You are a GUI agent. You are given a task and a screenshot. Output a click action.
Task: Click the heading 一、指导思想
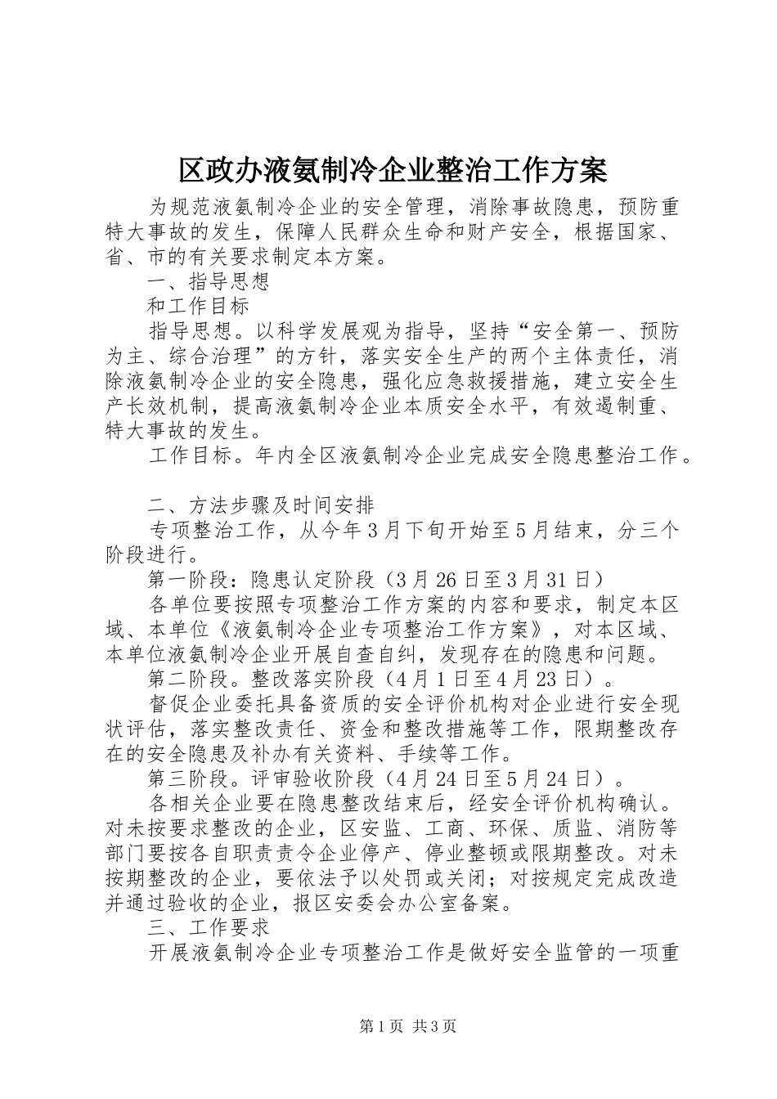[x=209, y=282]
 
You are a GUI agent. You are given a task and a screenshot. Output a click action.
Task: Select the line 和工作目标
[x=198, y=307]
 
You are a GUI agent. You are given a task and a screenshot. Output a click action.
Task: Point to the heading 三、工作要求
[x=209, y=927]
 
